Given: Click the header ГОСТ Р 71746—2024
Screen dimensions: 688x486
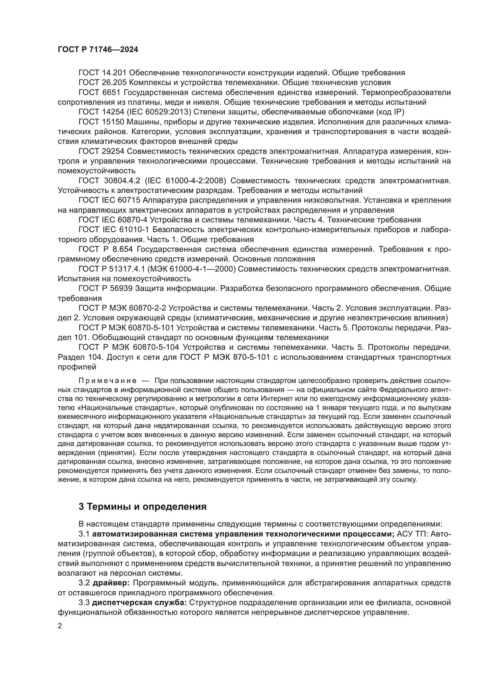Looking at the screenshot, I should point(98,50).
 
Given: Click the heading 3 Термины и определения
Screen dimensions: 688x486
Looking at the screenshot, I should point(143,507).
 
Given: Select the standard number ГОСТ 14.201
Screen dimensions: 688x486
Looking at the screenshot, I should point(103,73).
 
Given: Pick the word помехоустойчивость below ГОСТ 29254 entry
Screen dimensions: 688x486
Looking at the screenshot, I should point(97,171).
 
